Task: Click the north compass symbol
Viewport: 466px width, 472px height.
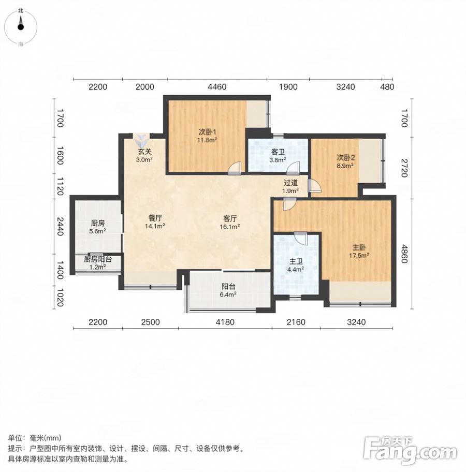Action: coord(21,27)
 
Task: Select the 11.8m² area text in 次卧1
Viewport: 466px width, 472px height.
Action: coord(207,140)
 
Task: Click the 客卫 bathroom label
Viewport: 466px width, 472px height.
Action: coord(278,152)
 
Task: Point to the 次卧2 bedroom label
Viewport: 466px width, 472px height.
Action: coord(345,157)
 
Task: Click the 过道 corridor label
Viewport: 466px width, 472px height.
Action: coord(290,182)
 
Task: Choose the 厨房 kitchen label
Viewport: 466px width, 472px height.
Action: coord(98,223)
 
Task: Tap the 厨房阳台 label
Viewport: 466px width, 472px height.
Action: coord(98,259)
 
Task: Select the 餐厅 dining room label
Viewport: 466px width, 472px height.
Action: coord(155,218)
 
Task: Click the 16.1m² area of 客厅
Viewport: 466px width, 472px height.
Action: coord(230,226)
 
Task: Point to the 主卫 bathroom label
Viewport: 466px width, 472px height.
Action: coord(296,261)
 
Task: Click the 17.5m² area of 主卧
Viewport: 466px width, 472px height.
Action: coord(359,256)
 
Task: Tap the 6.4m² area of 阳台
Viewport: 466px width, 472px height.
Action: coord(228,294)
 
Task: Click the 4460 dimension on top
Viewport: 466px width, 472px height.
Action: coord(217,87)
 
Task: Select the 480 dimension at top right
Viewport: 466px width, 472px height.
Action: coord(387,87)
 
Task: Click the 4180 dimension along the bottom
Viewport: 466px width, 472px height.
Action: coord(225,322)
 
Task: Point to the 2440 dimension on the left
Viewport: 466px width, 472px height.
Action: coord(60,226)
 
